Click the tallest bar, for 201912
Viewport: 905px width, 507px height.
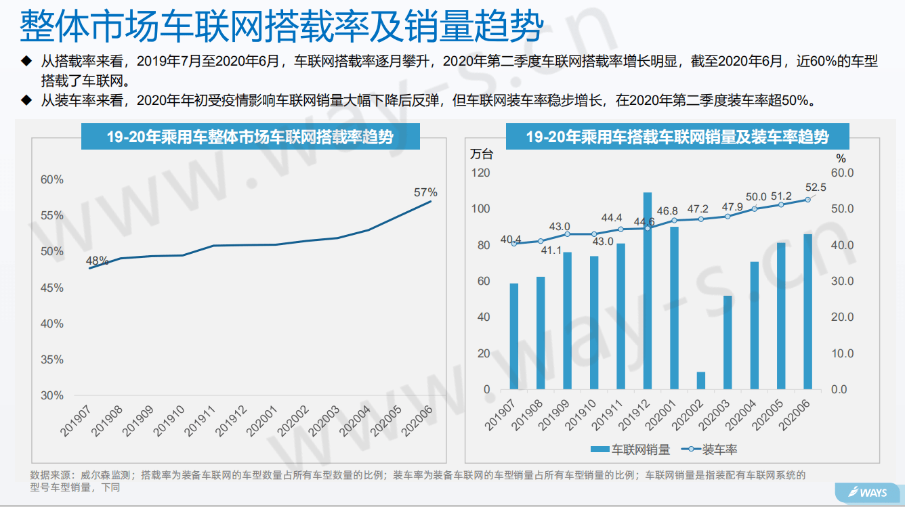click(x=648, y=291)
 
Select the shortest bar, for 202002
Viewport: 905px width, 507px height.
click(x=701, y=380)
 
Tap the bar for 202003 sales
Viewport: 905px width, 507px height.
click(x=728, y=343)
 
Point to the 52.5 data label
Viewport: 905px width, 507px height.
click(x=815, y=188)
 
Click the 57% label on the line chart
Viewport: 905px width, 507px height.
click(x=425, y=192)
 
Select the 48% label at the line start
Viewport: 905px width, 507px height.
click(x=97, y=261)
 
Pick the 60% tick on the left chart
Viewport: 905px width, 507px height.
click(x=52, y=179)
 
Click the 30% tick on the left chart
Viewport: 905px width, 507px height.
click(x=52, y=395)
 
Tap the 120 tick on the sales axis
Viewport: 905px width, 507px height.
click(x=481, y=173)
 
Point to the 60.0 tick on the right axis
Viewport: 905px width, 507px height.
click(x=842, y=173)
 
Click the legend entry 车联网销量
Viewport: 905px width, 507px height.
click(x=629, y=449)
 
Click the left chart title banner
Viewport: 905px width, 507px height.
click(x=250, y=137)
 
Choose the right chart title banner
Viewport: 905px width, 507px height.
click(x=677, y=137)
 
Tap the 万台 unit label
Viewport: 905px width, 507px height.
click(x=482, y=154)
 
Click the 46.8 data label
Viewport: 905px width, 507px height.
click(x=667, y=211)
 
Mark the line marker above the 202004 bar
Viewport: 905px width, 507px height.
click(x=755, y=208)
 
